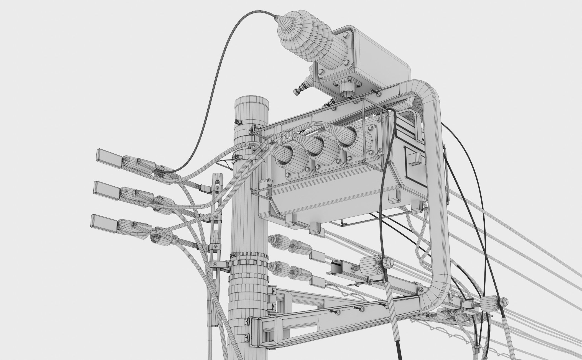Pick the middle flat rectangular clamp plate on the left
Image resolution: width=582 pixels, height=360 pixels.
point(106,190)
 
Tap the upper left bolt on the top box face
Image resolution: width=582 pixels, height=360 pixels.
point(345,35)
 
